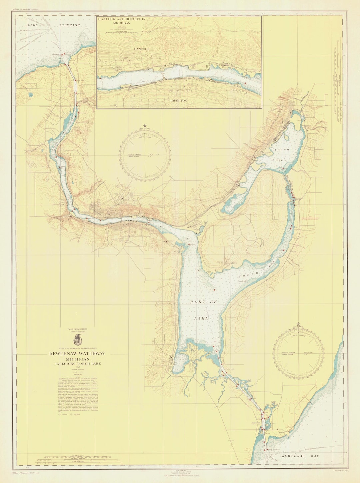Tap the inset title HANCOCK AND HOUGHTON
click(x=121, y=19)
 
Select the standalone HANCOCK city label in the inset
click(x=142, y=49)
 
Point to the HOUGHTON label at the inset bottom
click(x=178, y=100)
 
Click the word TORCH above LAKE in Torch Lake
click(x=282, y=150)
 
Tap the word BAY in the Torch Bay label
click(x=272, y=266)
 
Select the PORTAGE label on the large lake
click(x=203, y=302)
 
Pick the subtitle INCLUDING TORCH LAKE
click(x=78, y=364)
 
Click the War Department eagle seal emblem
click(x=77, y=340)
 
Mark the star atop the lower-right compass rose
click(x=298, y=324)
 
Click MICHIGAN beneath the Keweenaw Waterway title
click(x=77, y=359)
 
